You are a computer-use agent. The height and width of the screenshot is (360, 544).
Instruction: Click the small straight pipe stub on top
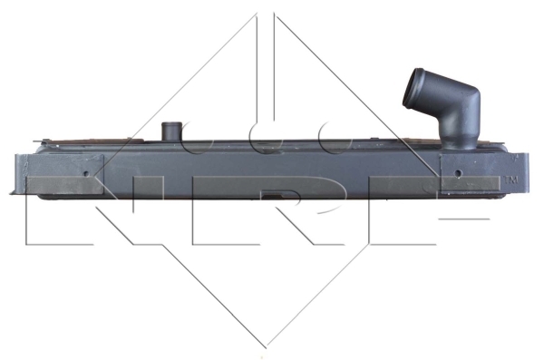[171, 131]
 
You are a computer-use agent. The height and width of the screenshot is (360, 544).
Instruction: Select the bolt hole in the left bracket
[86, 173]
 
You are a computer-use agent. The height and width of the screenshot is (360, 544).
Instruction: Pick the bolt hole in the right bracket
[458, 173]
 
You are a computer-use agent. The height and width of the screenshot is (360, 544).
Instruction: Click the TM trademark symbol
[510, 180]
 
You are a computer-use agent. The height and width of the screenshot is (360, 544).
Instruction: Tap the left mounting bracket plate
[64, 174]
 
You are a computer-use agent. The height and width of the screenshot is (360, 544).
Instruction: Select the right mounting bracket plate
[470, 173]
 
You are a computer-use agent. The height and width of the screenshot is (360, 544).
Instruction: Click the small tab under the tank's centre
[272, 197]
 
